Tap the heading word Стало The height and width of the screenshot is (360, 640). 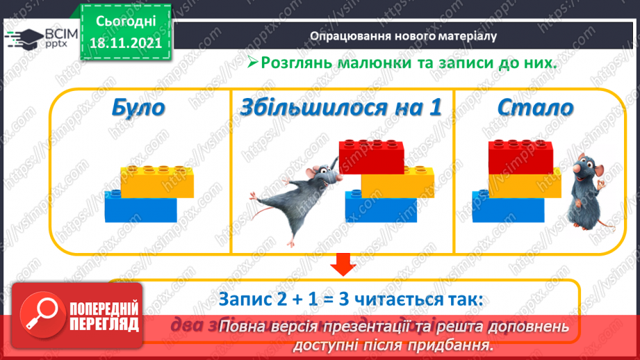click(535, 108)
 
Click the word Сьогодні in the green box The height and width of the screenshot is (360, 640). click(124, 21)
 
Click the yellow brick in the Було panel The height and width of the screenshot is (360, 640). click(157, 182)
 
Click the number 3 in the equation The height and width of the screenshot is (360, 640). click(342, 300)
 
